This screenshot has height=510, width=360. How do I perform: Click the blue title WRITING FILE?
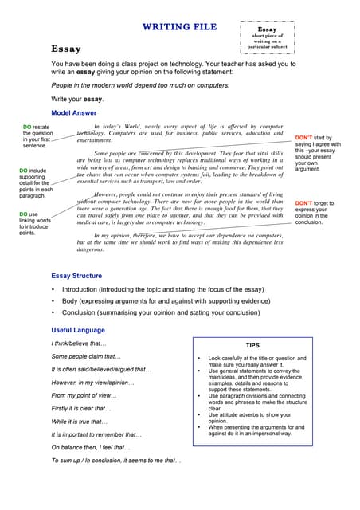179,26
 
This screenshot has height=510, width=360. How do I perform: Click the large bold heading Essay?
66,49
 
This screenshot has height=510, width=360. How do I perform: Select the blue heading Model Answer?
74,112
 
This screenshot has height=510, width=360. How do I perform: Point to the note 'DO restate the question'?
38,136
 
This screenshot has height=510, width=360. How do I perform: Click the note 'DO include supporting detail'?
37,183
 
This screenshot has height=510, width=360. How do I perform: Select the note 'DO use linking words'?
35,223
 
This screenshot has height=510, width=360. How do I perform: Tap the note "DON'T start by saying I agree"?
318,153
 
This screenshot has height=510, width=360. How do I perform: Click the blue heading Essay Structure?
76,276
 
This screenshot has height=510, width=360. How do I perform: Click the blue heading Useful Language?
78,330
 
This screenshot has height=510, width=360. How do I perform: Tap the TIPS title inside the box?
252,345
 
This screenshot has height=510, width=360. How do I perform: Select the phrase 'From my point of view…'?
84,395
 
